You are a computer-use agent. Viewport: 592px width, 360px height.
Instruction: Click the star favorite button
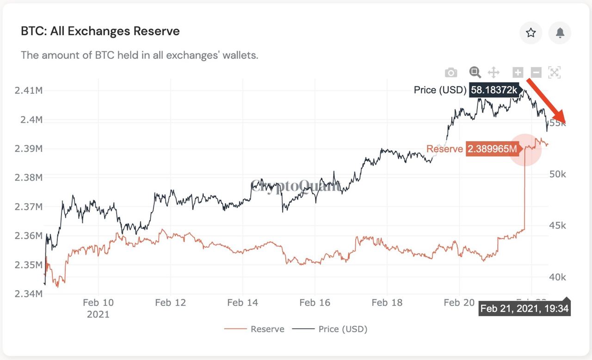pyautogui.click(x=530, y=33)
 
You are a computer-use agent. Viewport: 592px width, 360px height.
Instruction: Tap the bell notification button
pyautogui.click(x=560, y=33)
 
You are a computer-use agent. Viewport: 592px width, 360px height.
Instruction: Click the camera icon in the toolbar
pyautogui.click(x=451, y=73)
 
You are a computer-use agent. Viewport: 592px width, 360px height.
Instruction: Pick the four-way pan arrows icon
pyautogui.click(x=493, y=72)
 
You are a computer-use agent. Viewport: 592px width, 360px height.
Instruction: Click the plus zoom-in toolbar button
pyautogui.click(x=518, y=72)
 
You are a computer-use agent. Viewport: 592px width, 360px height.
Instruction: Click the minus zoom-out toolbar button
pyautogui.click(x=536, y=72)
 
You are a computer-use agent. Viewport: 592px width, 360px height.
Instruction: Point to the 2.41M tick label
pyautogui.click(x=29, y=90)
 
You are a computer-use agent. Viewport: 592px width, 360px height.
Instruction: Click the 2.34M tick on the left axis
pyautogui.click(x=29, y=294)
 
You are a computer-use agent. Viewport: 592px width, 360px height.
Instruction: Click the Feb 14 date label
pyautogui.click(x=242, y=303)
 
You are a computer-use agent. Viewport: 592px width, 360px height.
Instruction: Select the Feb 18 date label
pyautogui.click(x=387, y=303)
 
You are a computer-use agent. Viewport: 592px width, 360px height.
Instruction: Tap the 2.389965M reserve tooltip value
pyautogui.click(x=492, y=149)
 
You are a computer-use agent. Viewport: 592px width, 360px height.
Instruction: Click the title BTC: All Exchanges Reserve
pyautogui.click(x=100, y=31)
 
